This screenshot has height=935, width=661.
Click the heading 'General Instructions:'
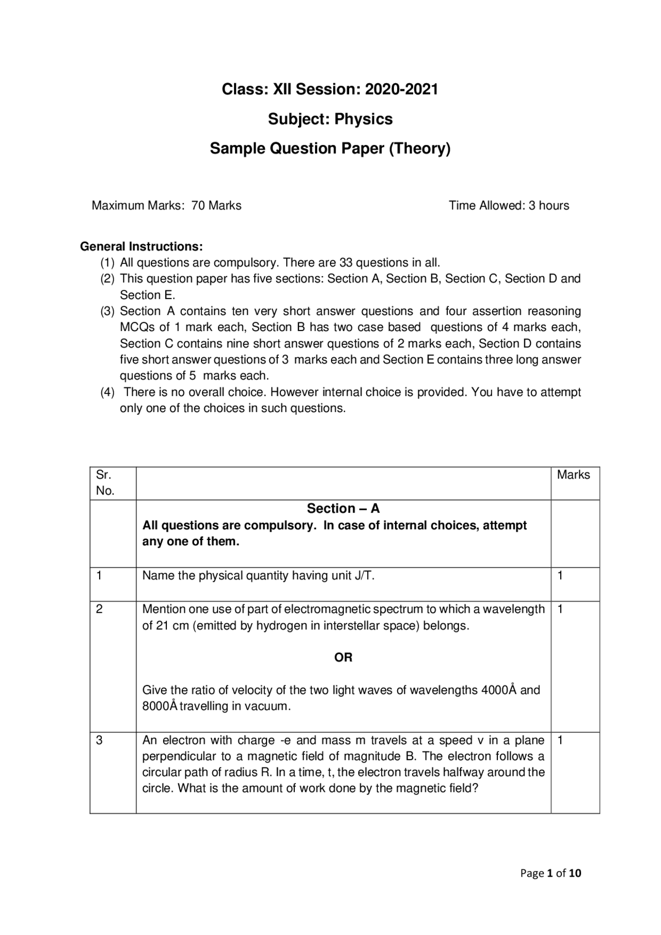[x=141, y=246]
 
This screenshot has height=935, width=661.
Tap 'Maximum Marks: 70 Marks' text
[x=166, y=205]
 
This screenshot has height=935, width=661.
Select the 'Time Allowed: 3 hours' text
[x=509, y=205]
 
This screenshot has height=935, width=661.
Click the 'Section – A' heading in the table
[x=343, y=509]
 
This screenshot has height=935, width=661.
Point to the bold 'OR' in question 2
[x=343, y=657]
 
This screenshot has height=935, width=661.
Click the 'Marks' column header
[x=573, y=475]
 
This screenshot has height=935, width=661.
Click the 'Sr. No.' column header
[x=105, y=483]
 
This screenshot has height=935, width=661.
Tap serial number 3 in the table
[x=99, y=740]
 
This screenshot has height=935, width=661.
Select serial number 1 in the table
[x=99, y=576]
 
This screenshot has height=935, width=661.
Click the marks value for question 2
[x=560, y=609]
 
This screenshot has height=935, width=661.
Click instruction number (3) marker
[x=107, y=311]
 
